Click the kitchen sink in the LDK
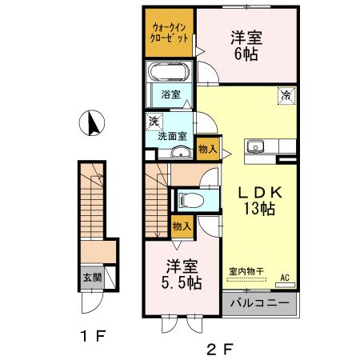click(256, 146)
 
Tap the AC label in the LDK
click(283, 278)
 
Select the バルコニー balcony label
click(259, 304)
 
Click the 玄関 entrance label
click(91, 278)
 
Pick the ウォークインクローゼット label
click(170, 33)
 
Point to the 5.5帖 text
click(182, 283)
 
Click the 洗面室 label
click(173, 137)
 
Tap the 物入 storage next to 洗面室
click(207, 150)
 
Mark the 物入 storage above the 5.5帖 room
click(182, 226)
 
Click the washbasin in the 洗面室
click(180, 152)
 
